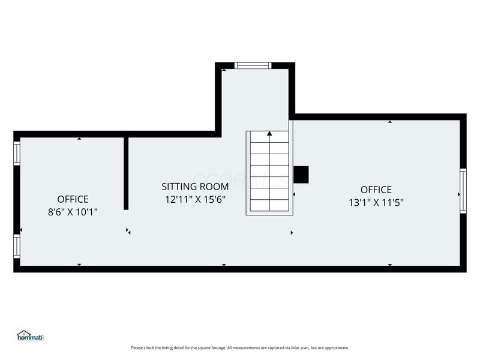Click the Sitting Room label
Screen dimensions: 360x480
coord(195,187)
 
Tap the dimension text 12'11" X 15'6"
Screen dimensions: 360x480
coord(195,200)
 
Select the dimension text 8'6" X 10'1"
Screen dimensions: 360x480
coord(73,212)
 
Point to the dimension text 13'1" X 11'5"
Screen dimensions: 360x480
coord(376,202)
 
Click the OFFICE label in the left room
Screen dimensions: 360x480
coord(73,199)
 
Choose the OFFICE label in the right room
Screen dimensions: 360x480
coord(376,190)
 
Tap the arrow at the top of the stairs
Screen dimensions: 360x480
coord(269,134)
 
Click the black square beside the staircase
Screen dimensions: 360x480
coord(301,175)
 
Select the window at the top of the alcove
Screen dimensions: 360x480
coord(253,65)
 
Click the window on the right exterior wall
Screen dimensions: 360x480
coord(463,190)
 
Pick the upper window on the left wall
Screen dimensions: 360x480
coord(17,152)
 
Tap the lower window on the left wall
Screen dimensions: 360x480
coord(17,245)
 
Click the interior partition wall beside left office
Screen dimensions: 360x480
coord(126,173)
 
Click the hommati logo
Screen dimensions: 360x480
coord(31,335)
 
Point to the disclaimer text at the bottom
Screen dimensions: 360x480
coord(239,347)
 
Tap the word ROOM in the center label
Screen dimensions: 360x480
coord(214,187)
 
